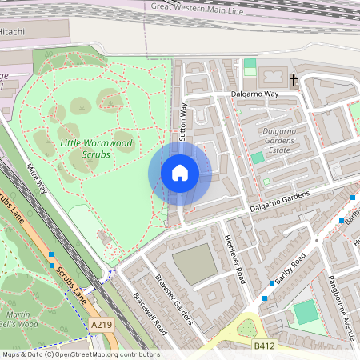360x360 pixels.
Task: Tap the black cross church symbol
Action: [294, 80]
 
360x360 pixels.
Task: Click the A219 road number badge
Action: [102, 325]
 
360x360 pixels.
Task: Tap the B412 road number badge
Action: [265, 346]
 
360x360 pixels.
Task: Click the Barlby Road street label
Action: [289, 270]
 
